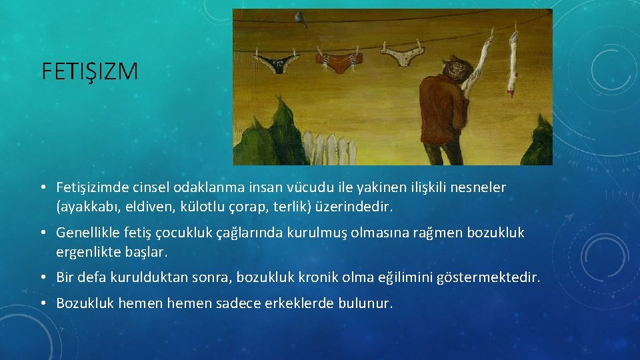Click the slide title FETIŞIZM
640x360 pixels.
click(x=89, y=71)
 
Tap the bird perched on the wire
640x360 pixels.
click(x=303, y=21)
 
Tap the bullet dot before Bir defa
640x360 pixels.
click(x=43, y=277)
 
